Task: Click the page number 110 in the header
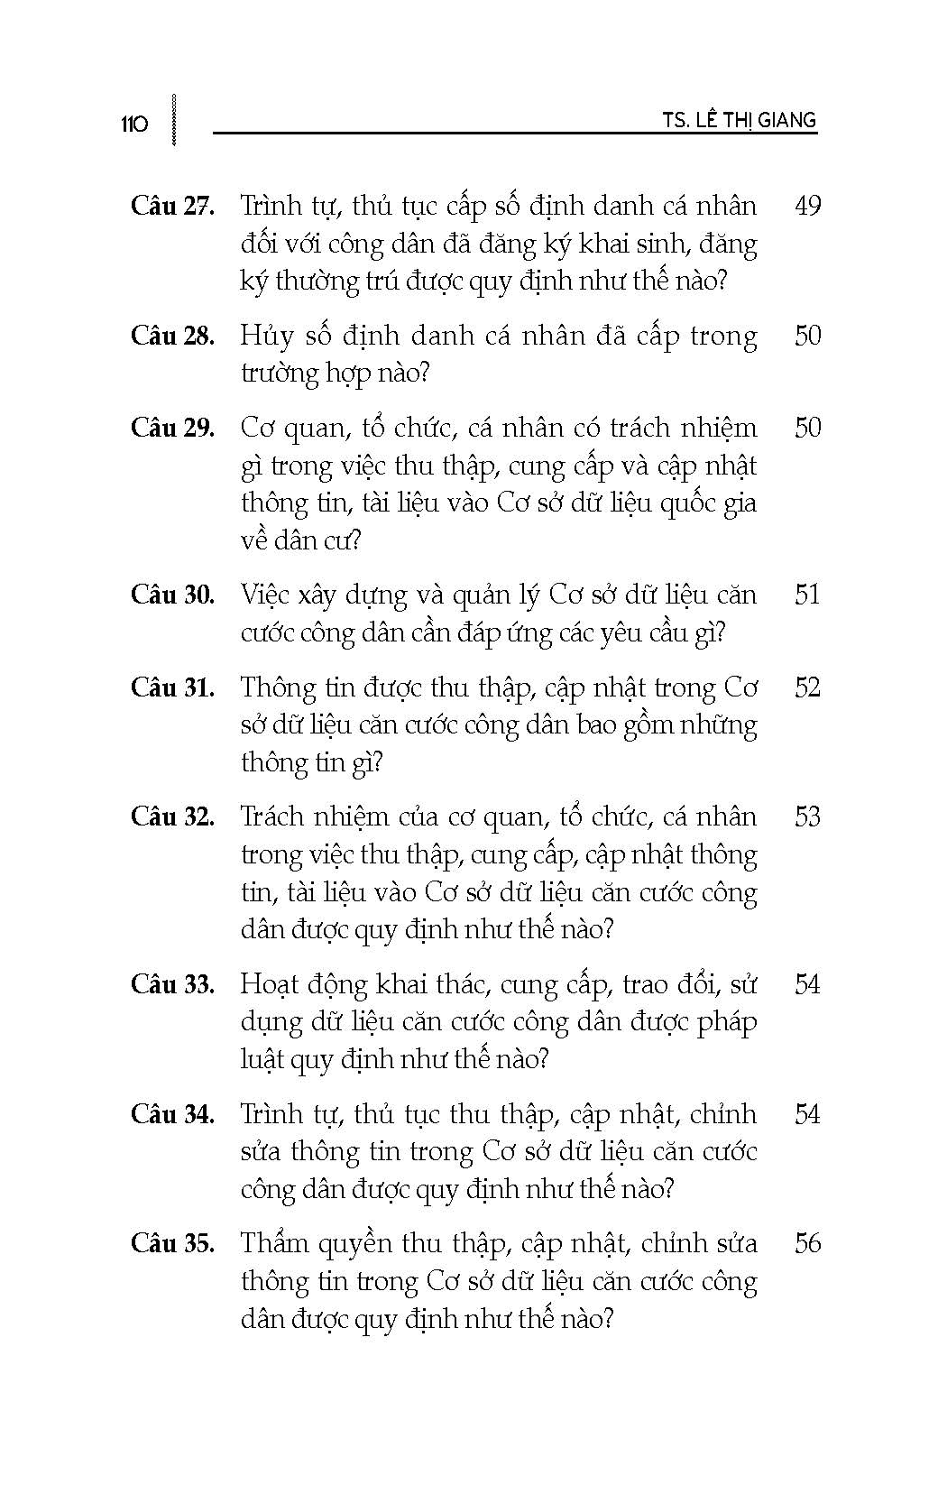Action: [x=133, y=124]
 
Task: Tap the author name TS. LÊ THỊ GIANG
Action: [x=738, y=120]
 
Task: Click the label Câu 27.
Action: [x=172, y=207]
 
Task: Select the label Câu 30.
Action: [x=172, y=595]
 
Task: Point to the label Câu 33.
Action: [x=172, y=984]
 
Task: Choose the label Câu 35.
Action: [x=172, y=1244]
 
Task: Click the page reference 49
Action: [x=807, y=207]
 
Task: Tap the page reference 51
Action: [x=807, y=595]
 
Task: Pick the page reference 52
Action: [x=807, y=688]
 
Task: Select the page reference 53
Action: [x=807, y=817]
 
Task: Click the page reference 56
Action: [x=807, y=1244]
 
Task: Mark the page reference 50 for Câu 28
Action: [x=807, y=337]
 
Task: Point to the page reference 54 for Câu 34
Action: [x=807, y=1115]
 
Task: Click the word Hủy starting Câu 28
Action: [x=267, y=337]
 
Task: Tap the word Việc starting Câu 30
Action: [x=270, y=595]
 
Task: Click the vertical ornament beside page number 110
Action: [x=172, y=119]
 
